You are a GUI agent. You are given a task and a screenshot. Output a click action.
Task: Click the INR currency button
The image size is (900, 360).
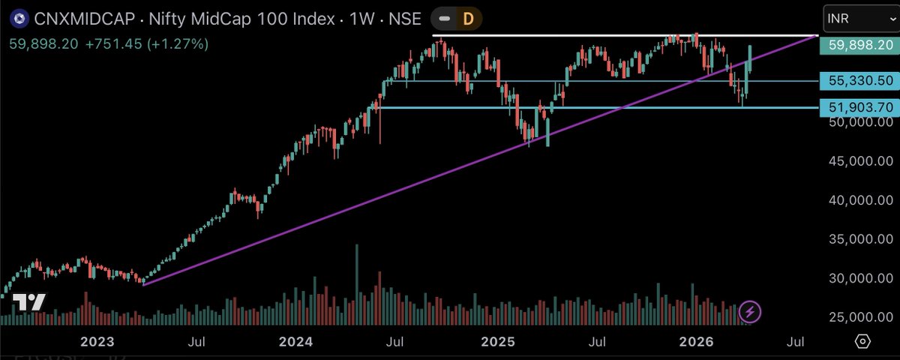(856, 16)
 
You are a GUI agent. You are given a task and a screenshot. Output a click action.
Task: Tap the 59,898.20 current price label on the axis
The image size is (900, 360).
(858, 46)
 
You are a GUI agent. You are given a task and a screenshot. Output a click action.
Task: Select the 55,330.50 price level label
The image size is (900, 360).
(858, 81)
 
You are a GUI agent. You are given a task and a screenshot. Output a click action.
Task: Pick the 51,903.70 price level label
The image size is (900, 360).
(858, 108)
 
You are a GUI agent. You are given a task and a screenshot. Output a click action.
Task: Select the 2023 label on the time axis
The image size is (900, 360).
(97, 342)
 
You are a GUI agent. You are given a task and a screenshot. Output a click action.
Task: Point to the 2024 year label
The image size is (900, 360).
(295, 342)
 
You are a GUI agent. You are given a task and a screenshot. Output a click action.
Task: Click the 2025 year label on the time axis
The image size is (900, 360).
(498, 342)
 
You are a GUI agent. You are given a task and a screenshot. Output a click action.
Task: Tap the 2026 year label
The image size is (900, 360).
(696, 342)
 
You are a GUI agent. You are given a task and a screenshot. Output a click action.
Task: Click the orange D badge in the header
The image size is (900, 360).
(467, 19)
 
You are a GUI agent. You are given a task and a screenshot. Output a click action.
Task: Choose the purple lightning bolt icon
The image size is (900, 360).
(751, 311)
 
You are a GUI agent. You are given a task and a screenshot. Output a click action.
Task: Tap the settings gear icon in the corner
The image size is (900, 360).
(862, 342)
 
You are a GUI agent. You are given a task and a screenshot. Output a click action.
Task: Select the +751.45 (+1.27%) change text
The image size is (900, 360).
(147, 43)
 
